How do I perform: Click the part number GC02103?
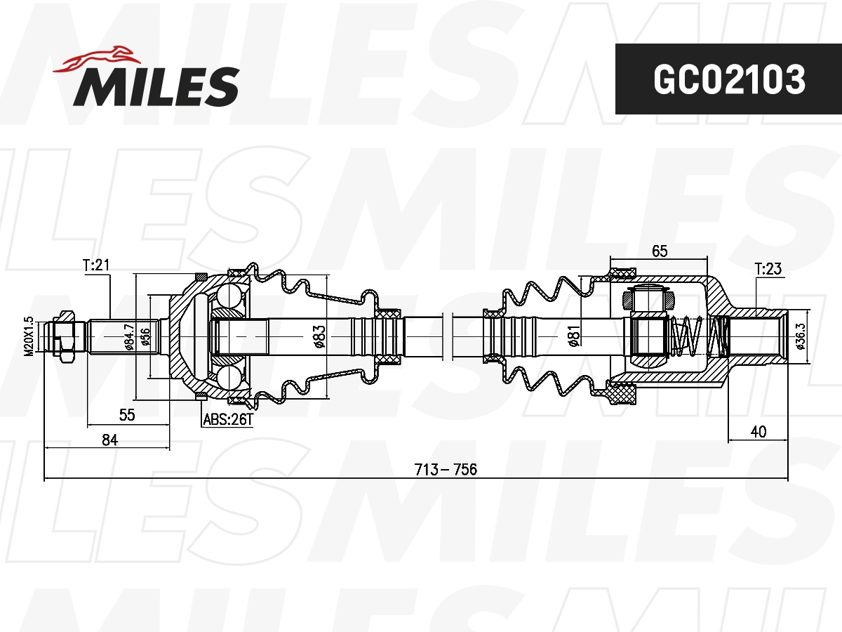(728, 79)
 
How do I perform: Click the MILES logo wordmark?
(156, 86)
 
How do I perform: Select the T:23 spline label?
(768, 268)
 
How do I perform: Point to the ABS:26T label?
(226, 420)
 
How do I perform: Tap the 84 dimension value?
(109, 440)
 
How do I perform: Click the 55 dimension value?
(126, 415)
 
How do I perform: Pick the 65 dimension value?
(659, 251)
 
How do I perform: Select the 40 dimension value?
(758, 431)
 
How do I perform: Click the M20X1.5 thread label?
(29, 336)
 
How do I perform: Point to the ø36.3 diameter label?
(799, 336)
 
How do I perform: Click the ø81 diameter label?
(573, 336)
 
